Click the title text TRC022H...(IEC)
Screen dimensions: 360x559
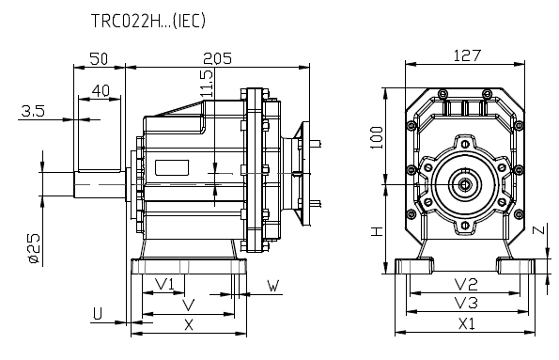148,19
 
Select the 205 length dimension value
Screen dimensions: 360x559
218,58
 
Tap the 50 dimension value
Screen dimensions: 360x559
98,58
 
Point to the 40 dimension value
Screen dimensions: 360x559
102,91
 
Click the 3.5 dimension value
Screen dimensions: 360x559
32,111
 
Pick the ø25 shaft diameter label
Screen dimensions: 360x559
33,246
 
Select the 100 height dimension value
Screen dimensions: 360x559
377,139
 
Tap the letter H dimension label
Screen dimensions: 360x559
377,231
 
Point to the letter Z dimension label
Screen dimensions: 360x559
537,230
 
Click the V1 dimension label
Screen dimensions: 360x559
164,284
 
